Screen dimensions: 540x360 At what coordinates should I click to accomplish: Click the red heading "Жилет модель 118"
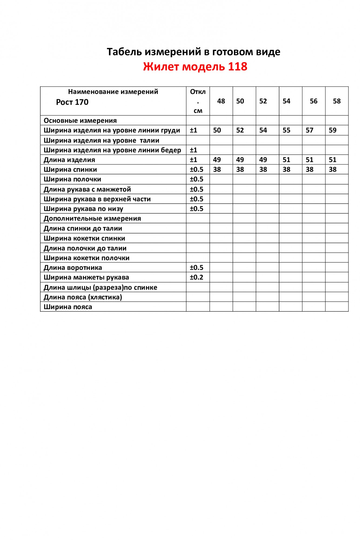coord(195,67)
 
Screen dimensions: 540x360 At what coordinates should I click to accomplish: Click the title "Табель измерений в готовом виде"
coord(193,52)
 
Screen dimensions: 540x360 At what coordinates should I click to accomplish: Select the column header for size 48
coord(221,101)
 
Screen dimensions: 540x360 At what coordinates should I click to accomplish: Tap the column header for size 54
coord(286,101)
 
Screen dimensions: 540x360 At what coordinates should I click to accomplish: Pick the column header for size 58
coord(337,101)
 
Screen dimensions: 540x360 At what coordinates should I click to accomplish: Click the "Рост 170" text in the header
coord(72,102)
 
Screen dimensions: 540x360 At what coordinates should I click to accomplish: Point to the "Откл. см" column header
coord(198,101)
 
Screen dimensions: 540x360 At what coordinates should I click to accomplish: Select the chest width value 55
coord(286,130)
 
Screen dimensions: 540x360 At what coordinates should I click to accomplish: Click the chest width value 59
coord(332,130)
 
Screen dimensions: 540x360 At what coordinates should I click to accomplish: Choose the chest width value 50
coord(217,130)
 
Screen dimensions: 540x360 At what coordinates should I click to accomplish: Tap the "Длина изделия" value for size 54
coord(286,160)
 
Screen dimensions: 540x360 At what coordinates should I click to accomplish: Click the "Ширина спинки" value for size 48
coord(217,170)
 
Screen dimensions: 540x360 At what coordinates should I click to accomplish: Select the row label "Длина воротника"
coord(73,268)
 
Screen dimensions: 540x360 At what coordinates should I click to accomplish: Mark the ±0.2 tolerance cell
coord(196,277)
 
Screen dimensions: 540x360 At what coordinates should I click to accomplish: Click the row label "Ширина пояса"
coord(68,307)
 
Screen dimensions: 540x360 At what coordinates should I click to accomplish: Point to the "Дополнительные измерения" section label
coord(92,218)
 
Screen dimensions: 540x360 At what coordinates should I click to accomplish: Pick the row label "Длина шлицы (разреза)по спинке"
coord(100,288)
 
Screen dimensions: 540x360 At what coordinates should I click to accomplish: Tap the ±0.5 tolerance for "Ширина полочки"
coord(196,179)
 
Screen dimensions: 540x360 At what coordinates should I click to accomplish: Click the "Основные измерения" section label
coord(80,121)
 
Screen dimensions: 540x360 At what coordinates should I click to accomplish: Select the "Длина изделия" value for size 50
coord(240,160)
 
